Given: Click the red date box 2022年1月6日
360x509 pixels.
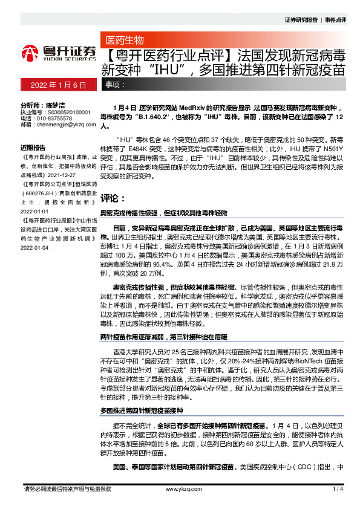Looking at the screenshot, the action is click(x=59, y=85).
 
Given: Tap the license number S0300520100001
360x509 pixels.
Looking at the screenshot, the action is click(x=64, y=112).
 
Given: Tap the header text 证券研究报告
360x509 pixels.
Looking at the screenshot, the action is click(x=301, y=20).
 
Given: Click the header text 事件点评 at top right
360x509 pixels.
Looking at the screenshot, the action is click(x=335, y=20).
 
